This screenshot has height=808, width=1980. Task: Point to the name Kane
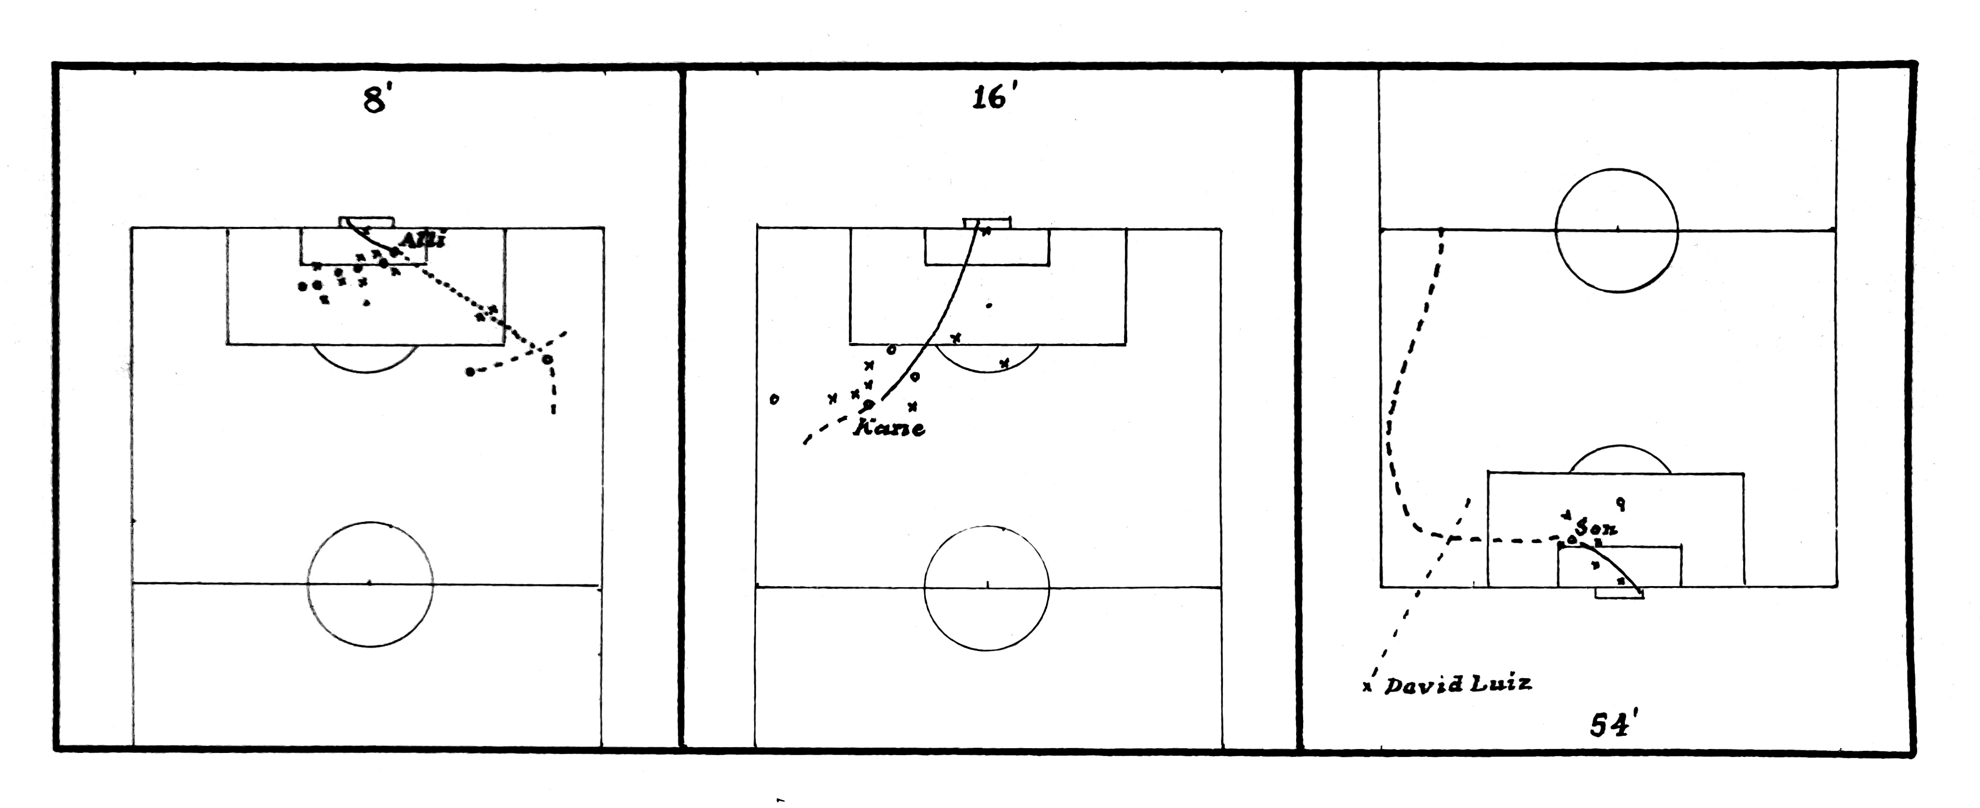[x=889, y=428]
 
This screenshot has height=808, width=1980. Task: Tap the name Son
[x=1596, y=528]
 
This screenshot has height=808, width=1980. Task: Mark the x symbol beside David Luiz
[x=1367, y=686]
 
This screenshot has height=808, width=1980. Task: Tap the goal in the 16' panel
[x=987, y=223]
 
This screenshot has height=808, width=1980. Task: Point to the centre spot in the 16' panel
[x=987, y=586]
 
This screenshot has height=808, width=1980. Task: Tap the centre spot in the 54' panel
[x=1617, y=229]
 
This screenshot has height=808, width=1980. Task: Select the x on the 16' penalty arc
[x=1004, y=362]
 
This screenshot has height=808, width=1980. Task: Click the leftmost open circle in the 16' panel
[x=774, y=399]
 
